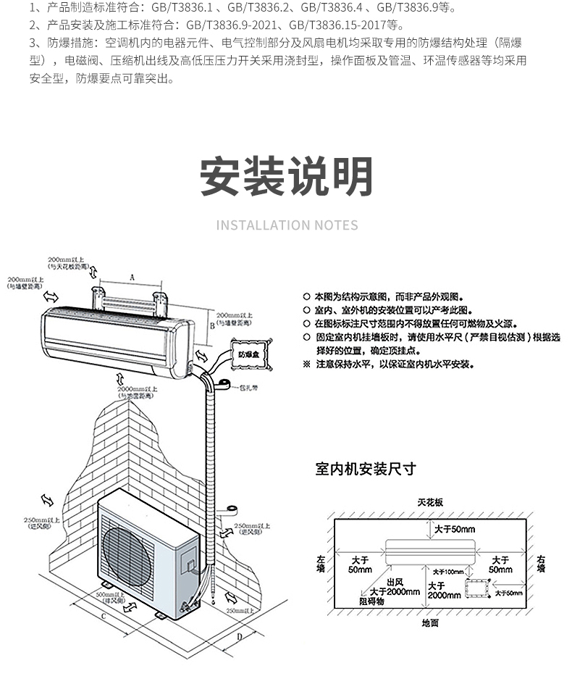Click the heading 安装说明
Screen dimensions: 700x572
click(286, 176)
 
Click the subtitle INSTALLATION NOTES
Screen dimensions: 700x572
click(287, 225)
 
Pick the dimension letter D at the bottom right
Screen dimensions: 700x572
click(239, 638)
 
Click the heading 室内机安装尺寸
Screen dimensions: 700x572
click(366, 469)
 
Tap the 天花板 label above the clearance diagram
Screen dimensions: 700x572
click(430, 502)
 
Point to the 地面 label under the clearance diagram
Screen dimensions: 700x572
click(429, 623)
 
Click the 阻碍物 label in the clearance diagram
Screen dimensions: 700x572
click(371, 601)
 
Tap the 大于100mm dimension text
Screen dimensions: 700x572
click(448, 572)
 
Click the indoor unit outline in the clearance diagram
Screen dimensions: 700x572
click(430, 549)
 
